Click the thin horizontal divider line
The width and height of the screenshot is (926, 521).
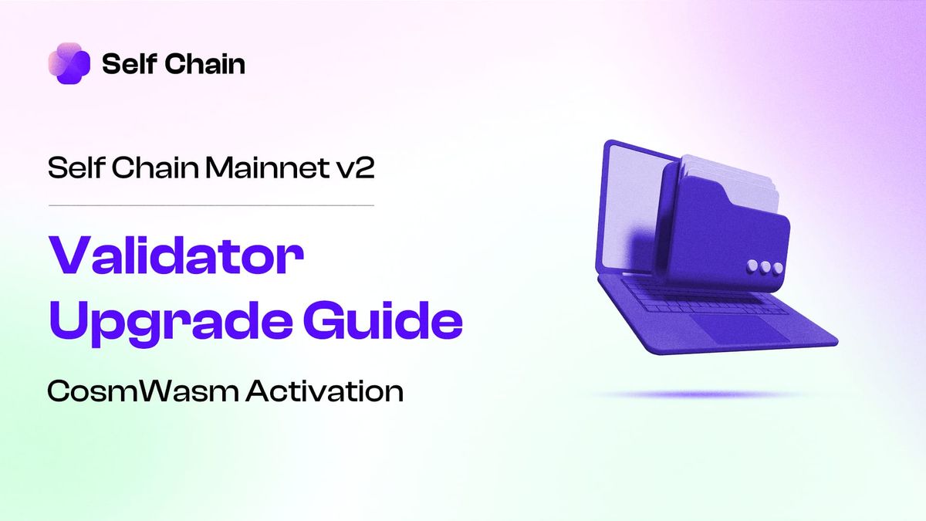tap(211, 205)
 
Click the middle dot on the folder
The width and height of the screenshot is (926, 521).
tap(765, 267)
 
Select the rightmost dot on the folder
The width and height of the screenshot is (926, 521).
tap(778, 268)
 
